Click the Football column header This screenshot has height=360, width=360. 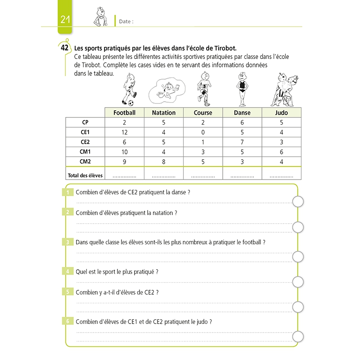pos(125,112)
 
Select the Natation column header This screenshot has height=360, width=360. pos(164,112)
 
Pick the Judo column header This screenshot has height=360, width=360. pos(282,112)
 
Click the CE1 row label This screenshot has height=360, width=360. pos(85,132)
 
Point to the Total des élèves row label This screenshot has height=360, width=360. pos(85,175)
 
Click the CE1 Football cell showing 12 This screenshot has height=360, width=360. pos(125,132)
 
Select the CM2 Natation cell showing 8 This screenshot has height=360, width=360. pos(164,161)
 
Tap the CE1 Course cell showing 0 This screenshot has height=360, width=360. pos(203,132)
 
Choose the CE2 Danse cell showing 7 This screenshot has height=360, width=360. pos(242,142)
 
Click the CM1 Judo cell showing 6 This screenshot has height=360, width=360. pos(282,152)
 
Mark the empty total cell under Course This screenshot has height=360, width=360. pos(203,175)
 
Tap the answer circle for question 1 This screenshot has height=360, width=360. pos(298,201)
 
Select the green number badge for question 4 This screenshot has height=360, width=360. pos(67,271)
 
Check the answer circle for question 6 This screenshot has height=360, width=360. pos(298,337)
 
